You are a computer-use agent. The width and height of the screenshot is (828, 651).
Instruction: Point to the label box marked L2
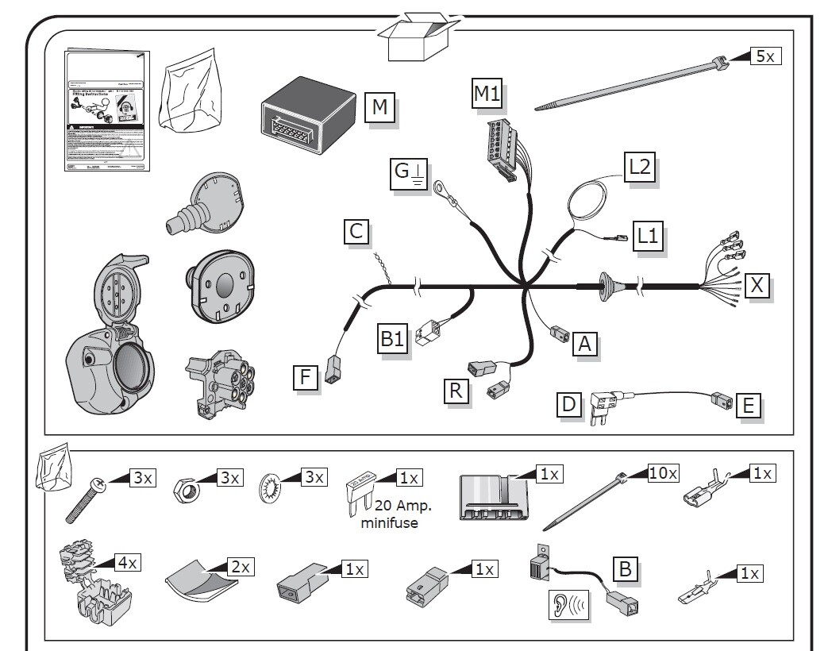(640, 168)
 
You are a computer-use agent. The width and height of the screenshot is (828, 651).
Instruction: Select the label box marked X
(757, 284)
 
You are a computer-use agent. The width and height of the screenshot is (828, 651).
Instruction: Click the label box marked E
(747, 405)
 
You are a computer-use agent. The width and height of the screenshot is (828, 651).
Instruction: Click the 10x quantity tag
(663, 474)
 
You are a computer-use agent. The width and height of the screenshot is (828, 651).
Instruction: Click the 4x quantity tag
(128, 563)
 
